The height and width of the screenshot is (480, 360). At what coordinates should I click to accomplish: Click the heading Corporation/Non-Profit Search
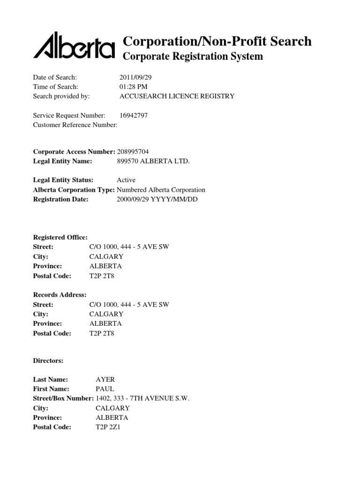pos(217,41)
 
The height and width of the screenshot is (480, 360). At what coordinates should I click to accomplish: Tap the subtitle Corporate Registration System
pos(193,57)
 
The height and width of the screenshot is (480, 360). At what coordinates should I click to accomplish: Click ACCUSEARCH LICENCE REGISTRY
pos(177,96)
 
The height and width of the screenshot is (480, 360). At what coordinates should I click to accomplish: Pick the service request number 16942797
pos(134,115)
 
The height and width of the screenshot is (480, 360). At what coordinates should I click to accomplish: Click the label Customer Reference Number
pos(75,125)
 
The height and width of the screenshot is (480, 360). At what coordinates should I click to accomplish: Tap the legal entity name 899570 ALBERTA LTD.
pos(153,161)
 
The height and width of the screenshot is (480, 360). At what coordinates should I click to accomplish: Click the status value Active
pos(126,180)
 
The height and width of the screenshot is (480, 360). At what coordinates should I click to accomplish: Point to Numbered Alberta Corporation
pos(161,190)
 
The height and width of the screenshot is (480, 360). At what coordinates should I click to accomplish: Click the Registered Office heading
pos(60,237)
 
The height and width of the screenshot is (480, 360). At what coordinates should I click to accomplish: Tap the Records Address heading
pos(60,294)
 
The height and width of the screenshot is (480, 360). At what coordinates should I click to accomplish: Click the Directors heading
pos(48,361)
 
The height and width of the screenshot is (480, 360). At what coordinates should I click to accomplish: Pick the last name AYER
pos(105,379)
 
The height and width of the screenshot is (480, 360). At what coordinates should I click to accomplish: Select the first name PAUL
pos(105,389)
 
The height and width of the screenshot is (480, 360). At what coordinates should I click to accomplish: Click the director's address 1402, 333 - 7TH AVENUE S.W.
pos(142,398)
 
